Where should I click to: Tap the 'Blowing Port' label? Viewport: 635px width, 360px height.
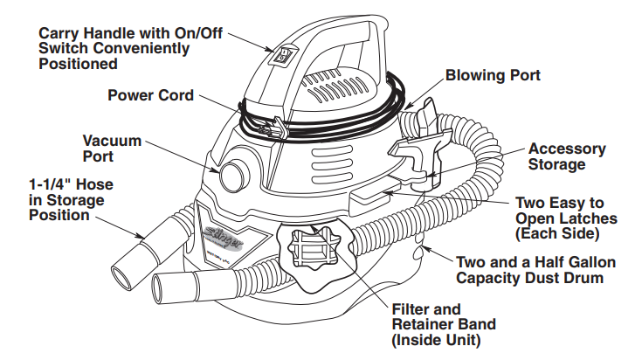click(493, 76)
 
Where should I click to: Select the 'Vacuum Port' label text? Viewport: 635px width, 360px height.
click(110, 148)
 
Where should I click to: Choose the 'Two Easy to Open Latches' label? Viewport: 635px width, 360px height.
click(566, 217)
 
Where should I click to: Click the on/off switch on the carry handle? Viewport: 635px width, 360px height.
click(282, 56)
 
